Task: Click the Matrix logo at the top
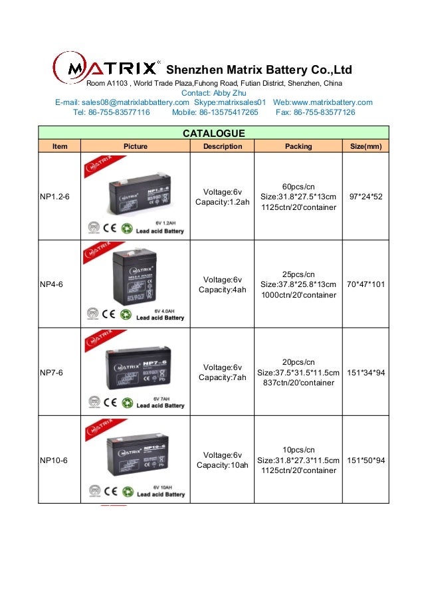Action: coord(106,68)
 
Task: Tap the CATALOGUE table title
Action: coord(213,134)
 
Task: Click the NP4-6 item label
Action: coord(52,284)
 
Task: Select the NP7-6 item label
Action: coord(52,372)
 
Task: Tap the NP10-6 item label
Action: coord(54,460)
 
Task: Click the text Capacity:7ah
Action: coord(222,377)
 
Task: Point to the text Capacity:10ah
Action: coord(222,465)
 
